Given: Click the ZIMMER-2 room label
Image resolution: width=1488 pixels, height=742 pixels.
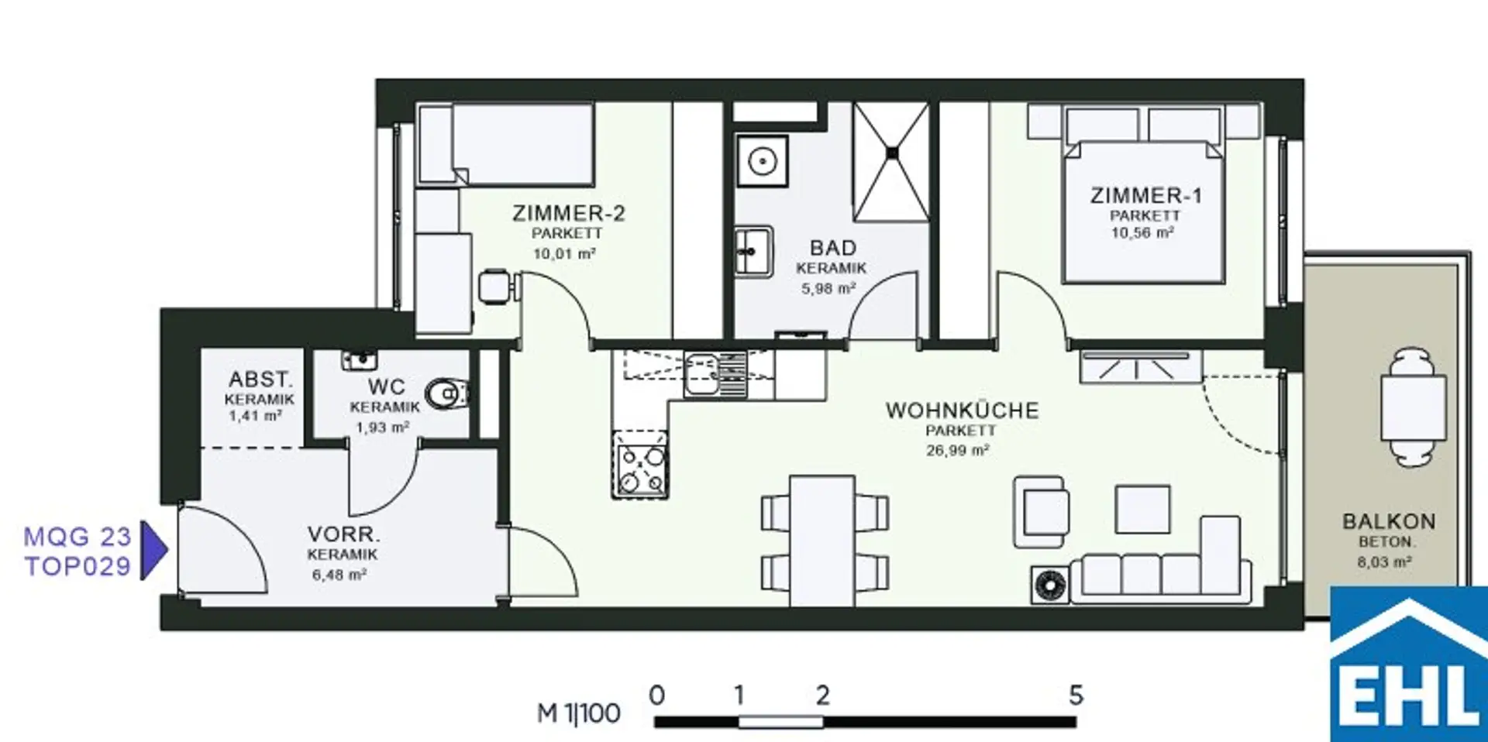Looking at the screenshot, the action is pos(568,213).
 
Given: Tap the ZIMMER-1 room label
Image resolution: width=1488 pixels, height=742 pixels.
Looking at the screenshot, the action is pos(1145,195).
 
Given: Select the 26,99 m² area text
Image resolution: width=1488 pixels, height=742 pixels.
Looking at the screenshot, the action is pos(957,450).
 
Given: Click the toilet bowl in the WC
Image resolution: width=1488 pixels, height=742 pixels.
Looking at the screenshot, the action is pos(447,394).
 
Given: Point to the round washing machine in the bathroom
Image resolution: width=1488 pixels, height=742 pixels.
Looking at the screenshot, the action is pos(763,161).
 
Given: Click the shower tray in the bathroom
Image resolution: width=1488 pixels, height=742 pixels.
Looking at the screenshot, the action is pos(891,162).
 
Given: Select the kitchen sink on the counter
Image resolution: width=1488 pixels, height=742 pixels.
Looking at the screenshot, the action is pos(715,373).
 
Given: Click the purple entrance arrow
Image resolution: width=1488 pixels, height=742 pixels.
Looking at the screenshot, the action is pos(153,551).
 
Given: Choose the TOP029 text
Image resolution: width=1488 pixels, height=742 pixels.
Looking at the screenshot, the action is pos(77,566).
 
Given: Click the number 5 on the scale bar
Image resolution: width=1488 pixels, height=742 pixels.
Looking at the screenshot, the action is pos(1076,695).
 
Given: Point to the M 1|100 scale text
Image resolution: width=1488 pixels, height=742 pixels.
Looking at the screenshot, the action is pos(579,713).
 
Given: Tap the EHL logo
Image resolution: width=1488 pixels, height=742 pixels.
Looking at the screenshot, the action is pos(1409,664).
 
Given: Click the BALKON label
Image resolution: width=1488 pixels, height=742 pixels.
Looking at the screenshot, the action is pos(1389,521).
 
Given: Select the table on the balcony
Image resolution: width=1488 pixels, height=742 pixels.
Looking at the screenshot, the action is pos(1413,407).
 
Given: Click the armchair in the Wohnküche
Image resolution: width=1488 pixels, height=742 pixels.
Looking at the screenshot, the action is pos(1041,512).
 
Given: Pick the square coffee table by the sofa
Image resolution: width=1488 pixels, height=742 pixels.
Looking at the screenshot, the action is pos(1143,510).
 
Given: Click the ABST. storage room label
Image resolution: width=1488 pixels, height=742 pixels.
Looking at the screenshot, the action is pos(260,380).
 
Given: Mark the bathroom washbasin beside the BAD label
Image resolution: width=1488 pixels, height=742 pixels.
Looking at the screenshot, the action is pos(753,251).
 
